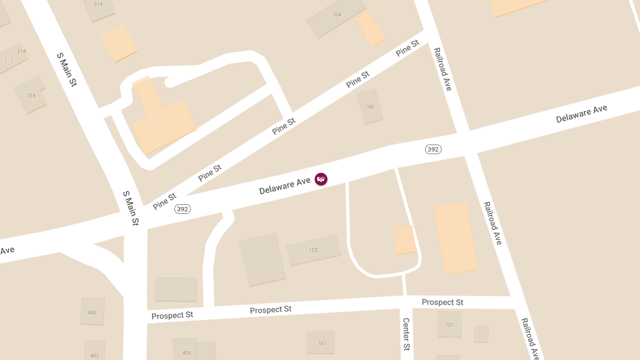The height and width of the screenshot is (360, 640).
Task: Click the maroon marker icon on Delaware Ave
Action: (x=321, y=179)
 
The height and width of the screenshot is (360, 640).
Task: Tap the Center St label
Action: (x=406, y=334)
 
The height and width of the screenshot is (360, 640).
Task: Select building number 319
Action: (x=98, y=4)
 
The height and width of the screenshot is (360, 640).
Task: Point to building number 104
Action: (x=337, y=14)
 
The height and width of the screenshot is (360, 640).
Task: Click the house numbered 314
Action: (x=21, y=51)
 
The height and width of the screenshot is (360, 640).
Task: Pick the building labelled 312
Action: (x=9, y=61)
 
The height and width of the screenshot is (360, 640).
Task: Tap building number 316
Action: (x=31, y=95)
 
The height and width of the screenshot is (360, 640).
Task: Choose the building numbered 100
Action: (x=370, y=107)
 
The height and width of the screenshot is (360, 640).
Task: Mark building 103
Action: (x=313, y=250)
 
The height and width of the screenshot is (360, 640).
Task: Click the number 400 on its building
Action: (x=92, y=313)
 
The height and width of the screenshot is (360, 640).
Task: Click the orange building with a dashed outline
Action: (x=404, y=240)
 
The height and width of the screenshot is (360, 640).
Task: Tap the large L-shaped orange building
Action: (x=163, y=120)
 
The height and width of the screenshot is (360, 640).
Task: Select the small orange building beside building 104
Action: (x=370, y=28)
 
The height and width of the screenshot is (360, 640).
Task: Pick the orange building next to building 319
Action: (x=119, y=43)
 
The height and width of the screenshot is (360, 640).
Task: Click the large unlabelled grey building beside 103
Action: (x=262, y=260)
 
